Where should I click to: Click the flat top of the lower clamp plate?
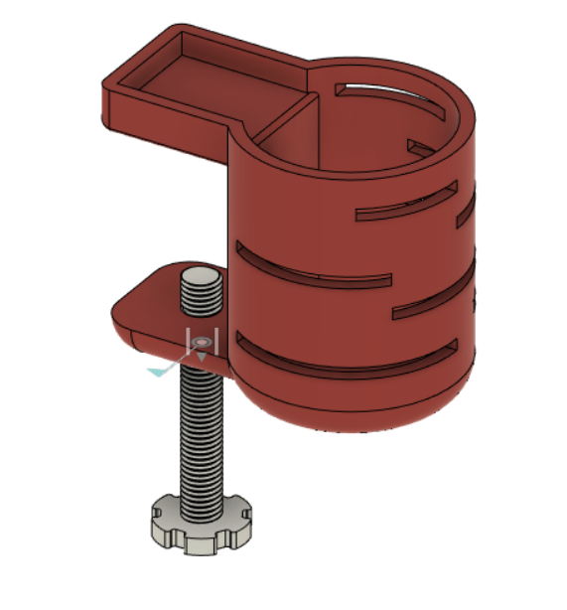click(159, 298)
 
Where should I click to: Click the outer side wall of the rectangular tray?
click(159, 114)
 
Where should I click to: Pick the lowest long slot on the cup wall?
click(348, 358)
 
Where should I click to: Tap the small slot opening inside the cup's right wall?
click(421, 149)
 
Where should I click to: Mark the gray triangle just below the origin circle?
click(201, 355)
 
